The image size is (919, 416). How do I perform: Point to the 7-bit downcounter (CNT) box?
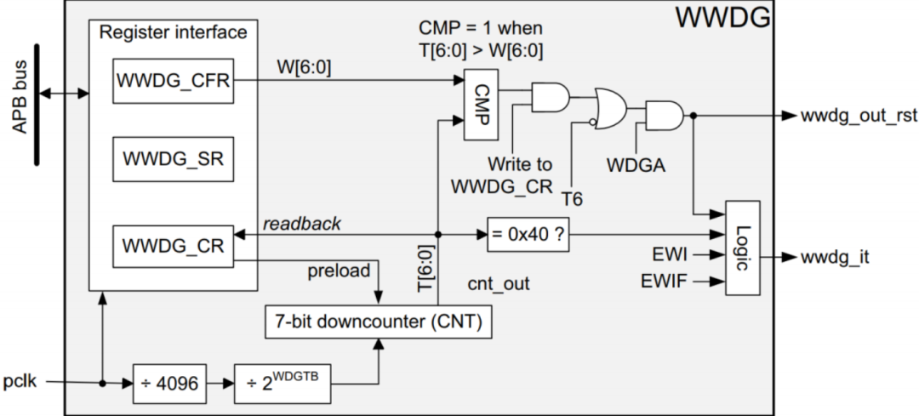tap(380, 323)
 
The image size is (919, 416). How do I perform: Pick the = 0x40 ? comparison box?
tap(526, 234)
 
